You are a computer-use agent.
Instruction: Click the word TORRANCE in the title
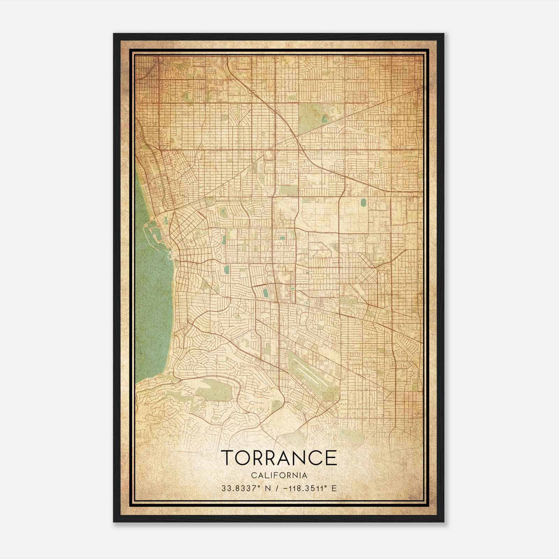point(279,458)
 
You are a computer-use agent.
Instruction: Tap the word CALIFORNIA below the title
point(279,475)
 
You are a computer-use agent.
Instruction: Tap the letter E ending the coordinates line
point(334,488)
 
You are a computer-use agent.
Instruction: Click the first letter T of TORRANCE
point(227,458)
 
